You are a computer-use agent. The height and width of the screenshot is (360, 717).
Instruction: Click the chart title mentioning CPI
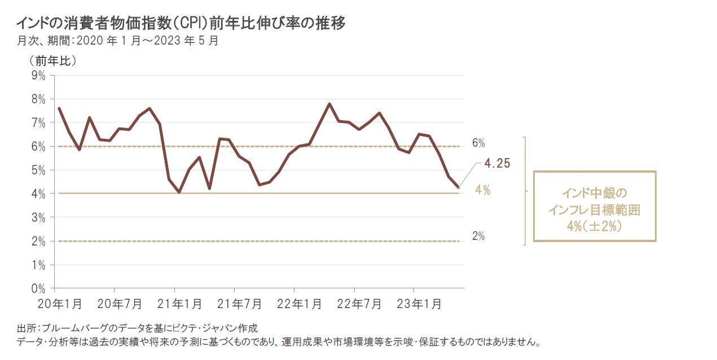click(x=181, y=23)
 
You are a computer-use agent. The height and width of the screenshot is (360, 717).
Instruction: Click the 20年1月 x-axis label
click(x=59, y=304)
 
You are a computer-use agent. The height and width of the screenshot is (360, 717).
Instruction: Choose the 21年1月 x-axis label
click(x=179, y=304)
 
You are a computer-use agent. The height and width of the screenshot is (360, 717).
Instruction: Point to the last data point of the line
click(x=459, y=187)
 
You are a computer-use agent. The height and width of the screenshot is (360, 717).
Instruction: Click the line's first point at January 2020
click(x=59, y=108)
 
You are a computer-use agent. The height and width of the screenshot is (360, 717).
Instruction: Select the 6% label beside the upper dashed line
click(x=478, y=143)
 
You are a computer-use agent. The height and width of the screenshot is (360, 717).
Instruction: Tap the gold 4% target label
click(x=482, y=190)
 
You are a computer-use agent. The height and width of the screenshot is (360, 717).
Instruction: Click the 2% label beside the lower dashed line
click(x=478, y=236)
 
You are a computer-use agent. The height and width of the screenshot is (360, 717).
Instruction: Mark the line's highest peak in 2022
click(x=329, y=104)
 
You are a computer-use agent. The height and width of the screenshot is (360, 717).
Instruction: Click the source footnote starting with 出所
click(x=138, y=328)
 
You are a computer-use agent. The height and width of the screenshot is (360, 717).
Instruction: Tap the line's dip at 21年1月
click(x=179, y=192)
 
